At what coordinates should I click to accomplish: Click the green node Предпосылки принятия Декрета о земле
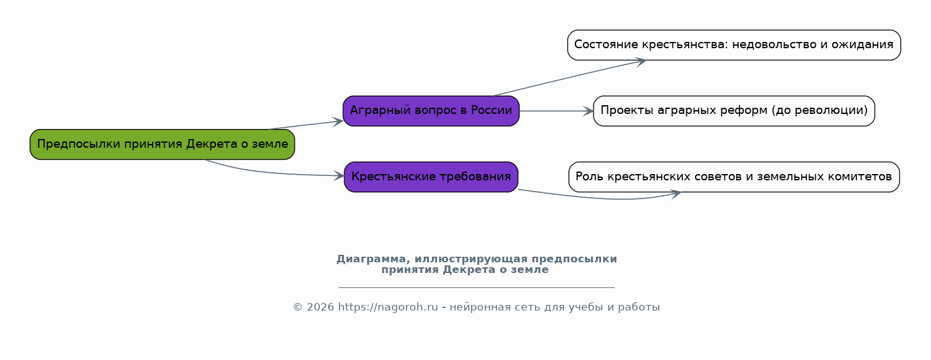[162, 145]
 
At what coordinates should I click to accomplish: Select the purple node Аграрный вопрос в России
[431, 111]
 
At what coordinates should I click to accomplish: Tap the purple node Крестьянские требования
[431, 177]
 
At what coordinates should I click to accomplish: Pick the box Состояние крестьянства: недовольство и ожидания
[734, 45]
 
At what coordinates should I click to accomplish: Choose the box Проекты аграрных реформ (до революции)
[734, 111]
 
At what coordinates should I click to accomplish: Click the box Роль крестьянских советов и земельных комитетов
[734, 177]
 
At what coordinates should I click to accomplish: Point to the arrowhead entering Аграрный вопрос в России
[339, 121]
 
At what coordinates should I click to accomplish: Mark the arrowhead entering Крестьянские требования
[340, 176]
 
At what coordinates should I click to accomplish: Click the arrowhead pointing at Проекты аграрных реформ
[589, 111]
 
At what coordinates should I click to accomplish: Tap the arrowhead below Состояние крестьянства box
[640, 61]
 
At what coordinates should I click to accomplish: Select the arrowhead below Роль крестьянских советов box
[676, 193]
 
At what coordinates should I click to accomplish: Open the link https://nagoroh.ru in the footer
[388, 307]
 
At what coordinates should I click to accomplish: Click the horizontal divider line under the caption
[476, 287]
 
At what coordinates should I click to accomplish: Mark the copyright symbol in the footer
[297, 307]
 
